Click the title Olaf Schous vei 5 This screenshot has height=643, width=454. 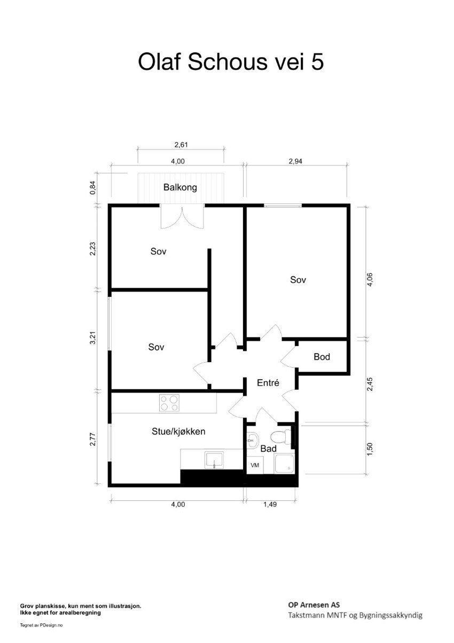[231, 62]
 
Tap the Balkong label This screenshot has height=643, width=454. [180, 187]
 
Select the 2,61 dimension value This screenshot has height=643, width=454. [182, 144]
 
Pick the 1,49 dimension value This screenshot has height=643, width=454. [270, 504]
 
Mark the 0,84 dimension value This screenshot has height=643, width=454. [93, 187]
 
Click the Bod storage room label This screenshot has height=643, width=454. [322, 357]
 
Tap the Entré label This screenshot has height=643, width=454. [268, 383]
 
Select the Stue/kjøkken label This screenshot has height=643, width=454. [178, 432]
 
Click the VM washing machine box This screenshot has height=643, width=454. [255, 465]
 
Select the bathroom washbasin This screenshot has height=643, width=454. [253, 441]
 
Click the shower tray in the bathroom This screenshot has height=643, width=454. [284, 465]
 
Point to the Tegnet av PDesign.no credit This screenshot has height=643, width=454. [41, 624]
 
